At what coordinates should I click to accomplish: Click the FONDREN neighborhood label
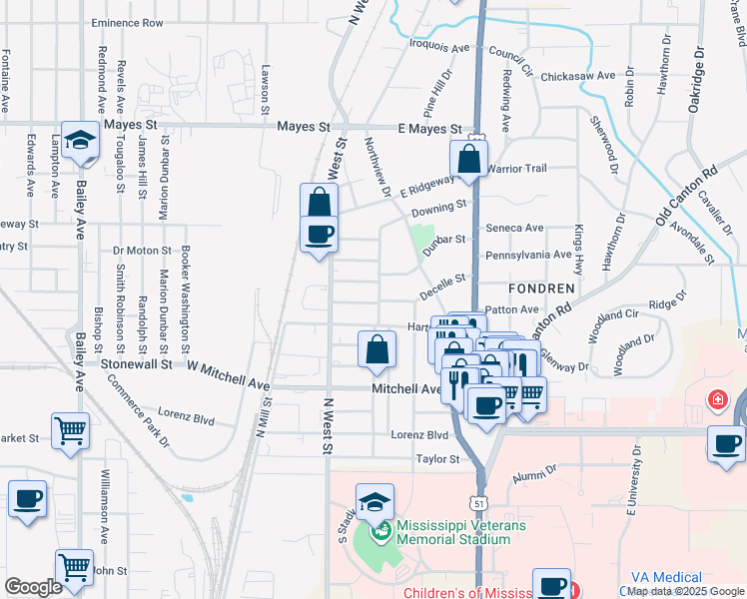(x=542, y=288)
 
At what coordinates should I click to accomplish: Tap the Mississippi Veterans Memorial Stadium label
(x=453, y=532)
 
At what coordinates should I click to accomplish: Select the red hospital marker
(x=716, y=401)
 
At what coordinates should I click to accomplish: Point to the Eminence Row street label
(x=127, y=22)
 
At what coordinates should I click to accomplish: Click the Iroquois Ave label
(x=438, y=46)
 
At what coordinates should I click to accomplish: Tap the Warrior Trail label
(x=518, y=169)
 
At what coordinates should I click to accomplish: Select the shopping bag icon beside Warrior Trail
(x=468, y=158)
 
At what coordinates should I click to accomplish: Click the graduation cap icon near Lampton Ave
(x=78, y=141)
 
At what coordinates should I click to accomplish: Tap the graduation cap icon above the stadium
(x=374, y=502)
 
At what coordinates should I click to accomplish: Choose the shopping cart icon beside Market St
(x=70, y=431)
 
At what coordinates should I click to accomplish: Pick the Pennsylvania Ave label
(x=527, y=256)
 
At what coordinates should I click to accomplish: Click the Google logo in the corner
(x=33, y=587)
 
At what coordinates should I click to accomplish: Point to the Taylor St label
(x=437, y=459)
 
